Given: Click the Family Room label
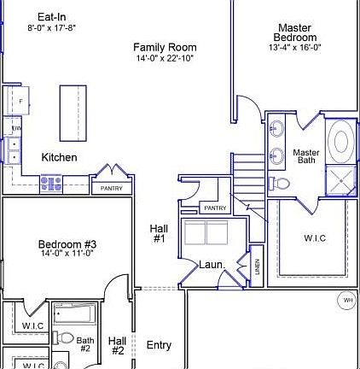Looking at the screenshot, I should (165, 48).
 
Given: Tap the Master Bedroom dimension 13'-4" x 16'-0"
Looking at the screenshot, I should (294, 49).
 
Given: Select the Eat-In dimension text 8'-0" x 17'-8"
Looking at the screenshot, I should (51, 27).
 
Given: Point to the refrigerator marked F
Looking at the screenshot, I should (15, 102).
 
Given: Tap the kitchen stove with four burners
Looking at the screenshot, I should (50, 183).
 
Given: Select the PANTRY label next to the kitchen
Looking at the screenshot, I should (112, 188).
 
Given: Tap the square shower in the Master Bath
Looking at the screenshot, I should (341, 179).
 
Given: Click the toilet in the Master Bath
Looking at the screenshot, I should (280, 183).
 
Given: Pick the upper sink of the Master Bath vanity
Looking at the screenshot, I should (277, 130).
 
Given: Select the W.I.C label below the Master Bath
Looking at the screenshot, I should (315, 238).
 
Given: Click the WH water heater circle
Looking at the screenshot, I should (347, 300).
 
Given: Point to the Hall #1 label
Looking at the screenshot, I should (159, 234).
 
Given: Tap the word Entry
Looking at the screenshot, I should (159, 345).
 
